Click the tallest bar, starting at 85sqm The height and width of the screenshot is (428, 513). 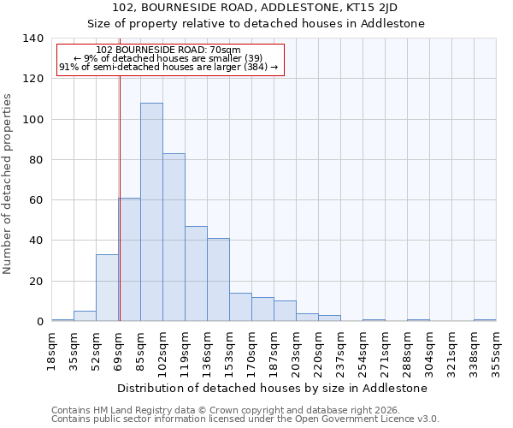click(x=151, y=212)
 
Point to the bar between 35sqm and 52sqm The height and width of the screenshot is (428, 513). click(x=85, y=316)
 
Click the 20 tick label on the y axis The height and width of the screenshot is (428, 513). click(x=36, y=282)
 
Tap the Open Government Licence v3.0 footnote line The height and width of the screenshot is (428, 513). click(x=245, y=419)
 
